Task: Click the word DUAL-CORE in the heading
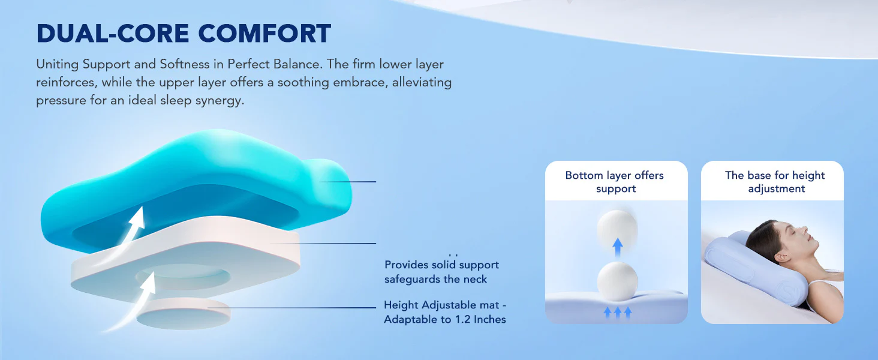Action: tap(113, 34)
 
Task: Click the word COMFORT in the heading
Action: tap(264, 34)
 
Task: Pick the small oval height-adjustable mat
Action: tap(184, 314)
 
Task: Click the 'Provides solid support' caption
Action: tap(441, 265)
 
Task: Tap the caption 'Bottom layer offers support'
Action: tap(615, 182)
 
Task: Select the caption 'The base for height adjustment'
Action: tap(775, 182)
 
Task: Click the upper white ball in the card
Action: tap(617, 229)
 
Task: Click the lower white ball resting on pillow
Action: tap(617, 281)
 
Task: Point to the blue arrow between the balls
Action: tap(618, 248)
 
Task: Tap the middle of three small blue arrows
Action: tap(618, 312)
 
